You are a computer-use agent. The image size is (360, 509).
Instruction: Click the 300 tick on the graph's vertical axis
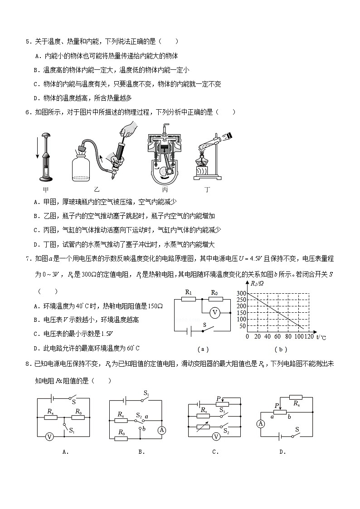(x=241, y=294)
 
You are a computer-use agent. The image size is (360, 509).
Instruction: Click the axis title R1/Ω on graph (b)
(x=257, y=284)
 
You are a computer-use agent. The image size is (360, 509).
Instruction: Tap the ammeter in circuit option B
(x=161, y=430)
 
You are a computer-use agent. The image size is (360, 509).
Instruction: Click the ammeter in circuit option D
(x=260, y=424)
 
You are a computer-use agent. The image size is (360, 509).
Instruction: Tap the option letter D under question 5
(x=36, y=98)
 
